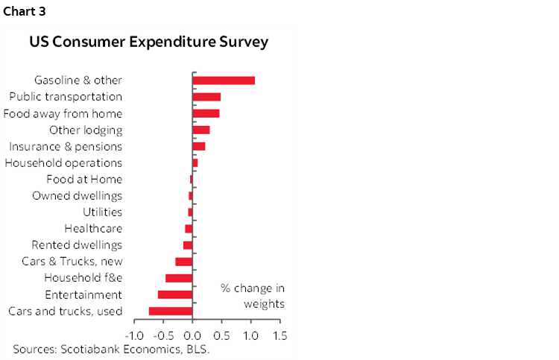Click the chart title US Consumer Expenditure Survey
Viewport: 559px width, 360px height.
148,42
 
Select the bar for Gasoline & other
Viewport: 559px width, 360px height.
224,80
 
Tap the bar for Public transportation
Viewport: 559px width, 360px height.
206,97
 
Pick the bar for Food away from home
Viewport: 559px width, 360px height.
206,113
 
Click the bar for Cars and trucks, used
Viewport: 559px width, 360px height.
171,311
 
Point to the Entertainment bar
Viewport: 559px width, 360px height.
175,294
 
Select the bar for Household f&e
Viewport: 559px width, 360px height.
179,278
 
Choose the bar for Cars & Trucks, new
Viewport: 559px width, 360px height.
184,262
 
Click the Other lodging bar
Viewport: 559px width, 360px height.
201,130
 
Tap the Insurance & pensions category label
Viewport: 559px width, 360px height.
65,146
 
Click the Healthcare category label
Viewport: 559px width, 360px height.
93,229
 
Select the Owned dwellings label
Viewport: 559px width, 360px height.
77,196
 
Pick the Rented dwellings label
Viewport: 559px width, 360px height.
77,245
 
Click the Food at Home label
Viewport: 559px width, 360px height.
84,180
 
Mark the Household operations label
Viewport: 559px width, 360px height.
63,162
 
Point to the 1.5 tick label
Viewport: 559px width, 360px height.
279,335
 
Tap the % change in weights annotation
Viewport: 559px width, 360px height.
253,296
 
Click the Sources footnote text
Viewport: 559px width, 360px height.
111,349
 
